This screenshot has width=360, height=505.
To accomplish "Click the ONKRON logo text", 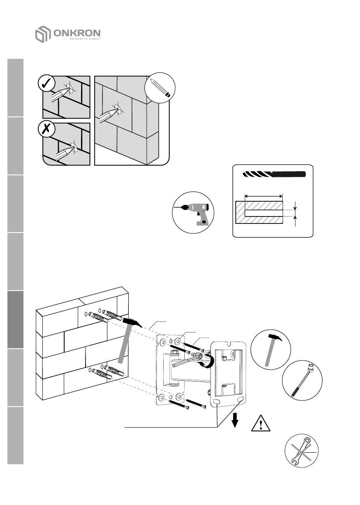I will point(77,33).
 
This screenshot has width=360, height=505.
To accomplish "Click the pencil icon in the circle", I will point(161,89).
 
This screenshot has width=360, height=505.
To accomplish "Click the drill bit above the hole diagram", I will point(275,174).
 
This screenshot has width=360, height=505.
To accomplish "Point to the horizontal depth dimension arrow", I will point(263,196).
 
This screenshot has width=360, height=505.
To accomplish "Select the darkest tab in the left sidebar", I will point(15,319).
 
